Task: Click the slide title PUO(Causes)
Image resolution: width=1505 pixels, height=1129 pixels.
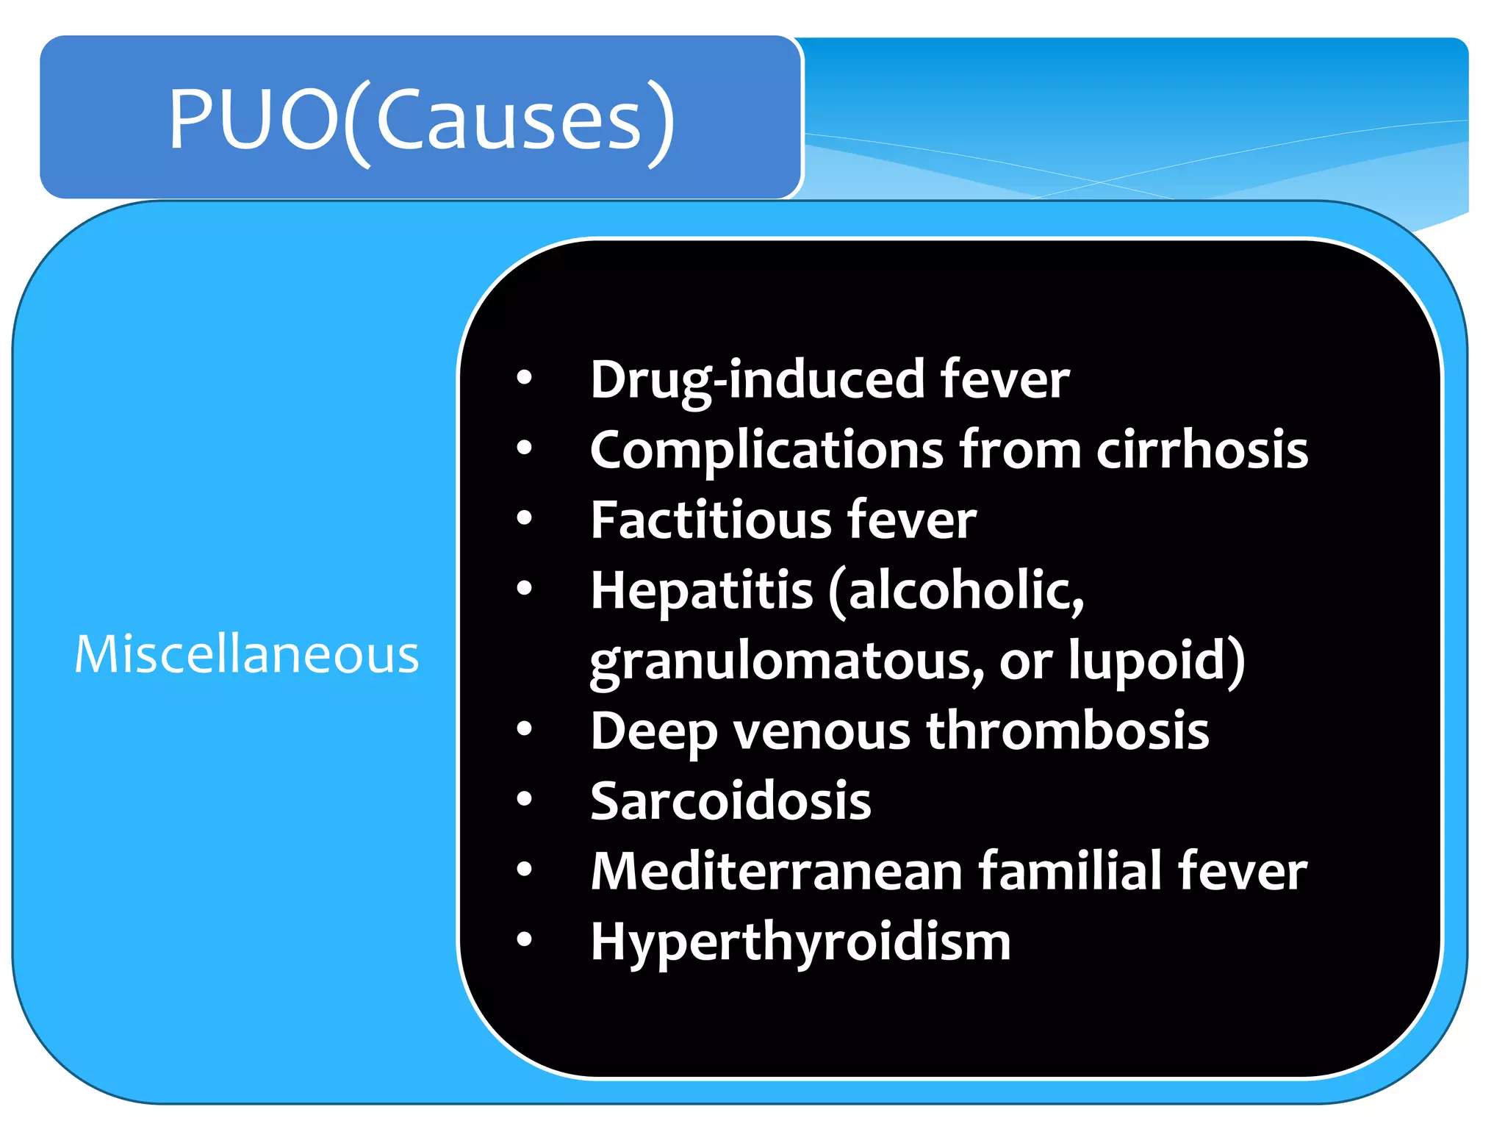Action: point(421,119)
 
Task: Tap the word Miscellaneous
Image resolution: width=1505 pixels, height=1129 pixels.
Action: point(247,654)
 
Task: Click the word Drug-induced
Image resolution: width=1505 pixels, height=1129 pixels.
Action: point(756,381)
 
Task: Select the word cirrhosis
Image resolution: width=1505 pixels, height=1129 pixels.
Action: point(1202,450)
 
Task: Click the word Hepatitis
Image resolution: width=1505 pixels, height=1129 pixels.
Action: point(702,590)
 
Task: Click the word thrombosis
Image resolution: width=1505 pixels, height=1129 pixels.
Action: point(1067,731)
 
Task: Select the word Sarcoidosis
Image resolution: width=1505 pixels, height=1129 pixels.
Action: point(730,801)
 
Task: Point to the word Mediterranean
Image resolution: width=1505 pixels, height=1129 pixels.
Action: point(776,872)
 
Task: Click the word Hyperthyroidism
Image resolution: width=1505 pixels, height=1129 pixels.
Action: point(800,942)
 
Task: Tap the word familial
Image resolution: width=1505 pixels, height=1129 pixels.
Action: point(1071,872)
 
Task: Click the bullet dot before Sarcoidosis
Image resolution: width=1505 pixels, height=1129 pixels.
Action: point(524,799)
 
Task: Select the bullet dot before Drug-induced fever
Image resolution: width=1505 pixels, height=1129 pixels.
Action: point(524,378)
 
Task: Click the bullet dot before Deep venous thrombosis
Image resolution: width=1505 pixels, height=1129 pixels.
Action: point(524,729)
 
